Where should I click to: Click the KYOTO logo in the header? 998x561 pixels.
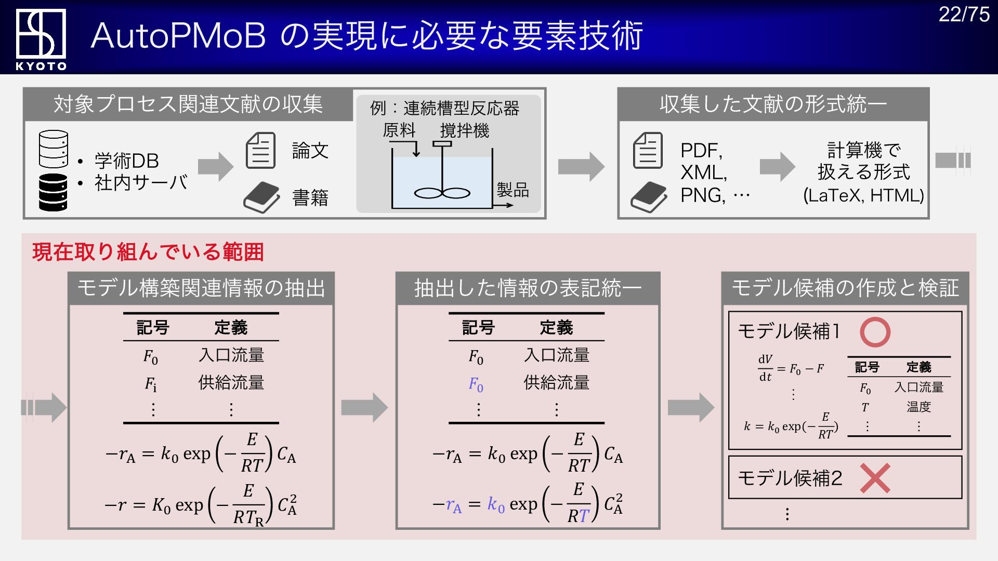tap(41, 39)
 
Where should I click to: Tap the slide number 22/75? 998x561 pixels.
tap(964, 15)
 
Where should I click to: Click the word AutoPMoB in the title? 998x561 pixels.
tap(178, 36)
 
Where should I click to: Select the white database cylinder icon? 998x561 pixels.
tap(53, 149)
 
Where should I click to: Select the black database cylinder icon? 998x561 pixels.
tap(53, 192)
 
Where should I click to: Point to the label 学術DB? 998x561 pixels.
tap(126, 161)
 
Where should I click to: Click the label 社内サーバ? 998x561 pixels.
tap(141, 183)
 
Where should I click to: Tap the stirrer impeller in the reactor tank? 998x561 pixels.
tap(442, 193)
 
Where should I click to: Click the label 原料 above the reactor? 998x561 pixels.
tap(399, 130)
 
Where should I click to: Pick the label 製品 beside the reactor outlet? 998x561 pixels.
tap(513, 190)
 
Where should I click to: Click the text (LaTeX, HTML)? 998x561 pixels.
tap(863, 195)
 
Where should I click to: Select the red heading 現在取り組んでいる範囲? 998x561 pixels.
tap(148, 252)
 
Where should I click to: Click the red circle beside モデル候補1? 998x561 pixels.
tap(875, 332)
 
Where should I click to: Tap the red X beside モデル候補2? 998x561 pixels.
tap(875, 478)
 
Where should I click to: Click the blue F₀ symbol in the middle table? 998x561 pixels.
tap(476, 384)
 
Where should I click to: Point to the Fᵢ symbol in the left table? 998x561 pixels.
tap(150, 384)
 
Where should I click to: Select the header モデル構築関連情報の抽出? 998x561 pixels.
tap(201, 288)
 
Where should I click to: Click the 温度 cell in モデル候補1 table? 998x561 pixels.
tap(918, 407)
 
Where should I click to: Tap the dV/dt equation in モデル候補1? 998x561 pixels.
tap(791, 368)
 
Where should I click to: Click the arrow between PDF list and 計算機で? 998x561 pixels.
tap(777, 166)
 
